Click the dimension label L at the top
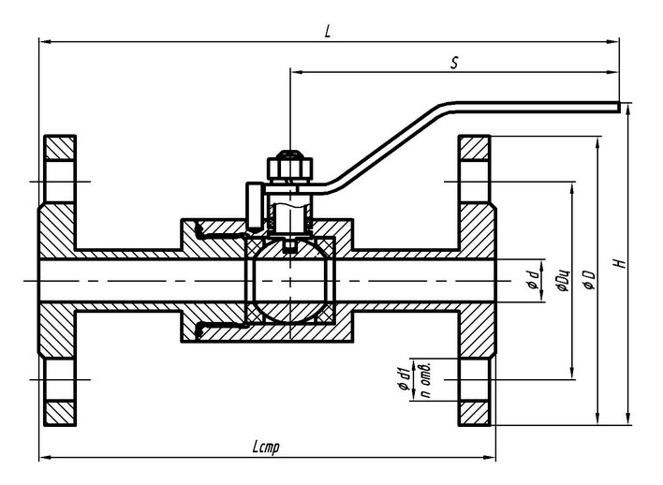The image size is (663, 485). (327, 31)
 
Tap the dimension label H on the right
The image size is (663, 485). (618, 265)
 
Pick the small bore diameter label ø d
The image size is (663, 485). (531, 279)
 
